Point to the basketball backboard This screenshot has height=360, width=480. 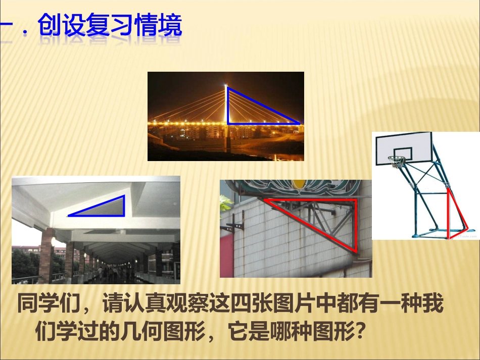[x=403, y=148]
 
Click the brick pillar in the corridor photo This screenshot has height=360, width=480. [x=46, y=255]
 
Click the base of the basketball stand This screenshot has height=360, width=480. [x=445, y=235]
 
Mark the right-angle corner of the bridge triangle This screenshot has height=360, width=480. [x=228, y=123]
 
